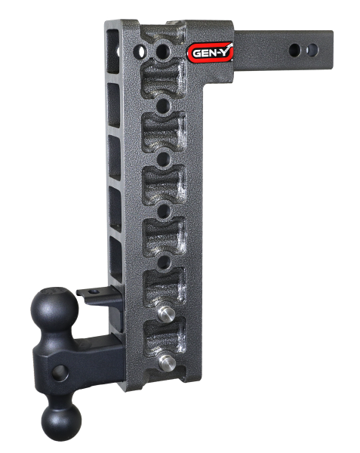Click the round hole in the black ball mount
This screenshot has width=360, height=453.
58,370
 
